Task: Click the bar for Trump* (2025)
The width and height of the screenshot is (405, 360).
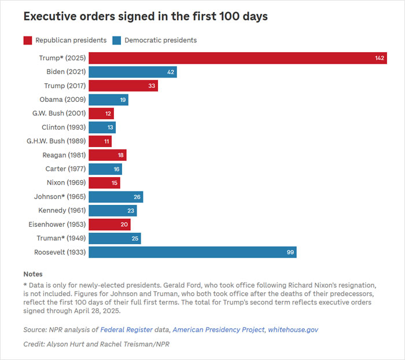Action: click(237, 58)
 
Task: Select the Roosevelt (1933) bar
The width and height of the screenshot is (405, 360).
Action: click(192, 252)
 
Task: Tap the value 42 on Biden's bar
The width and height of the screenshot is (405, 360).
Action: click(171, 72)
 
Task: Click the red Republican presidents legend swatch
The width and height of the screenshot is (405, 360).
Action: click(28, 40)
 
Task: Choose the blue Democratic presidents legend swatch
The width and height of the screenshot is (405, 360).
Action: click(117, 40)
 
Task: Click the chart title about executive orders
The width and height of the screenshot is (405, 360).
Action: click(145, 16)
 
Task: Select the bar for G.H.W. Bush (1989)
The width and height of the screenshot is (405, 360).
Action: click(100, 141)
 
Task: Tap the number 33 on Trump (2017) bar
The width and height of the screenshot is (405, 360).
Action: click(152, 86)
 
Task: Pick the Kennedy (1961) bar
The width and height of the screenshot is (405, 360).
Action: click(112, 211)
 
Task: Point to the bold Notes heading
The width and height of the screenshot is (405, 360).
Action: click(33, 274)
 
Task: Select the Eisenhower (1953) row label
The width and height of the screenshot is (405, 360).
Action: click(57, 225)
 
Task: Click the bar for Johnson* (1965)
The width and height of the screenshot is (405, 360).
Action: click(115, 197)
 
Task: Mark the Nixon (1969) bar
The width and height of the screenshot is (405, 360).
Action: click(104, 183)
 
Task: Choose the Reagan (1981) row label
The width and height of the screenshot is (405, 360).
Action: click(64, 155)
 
